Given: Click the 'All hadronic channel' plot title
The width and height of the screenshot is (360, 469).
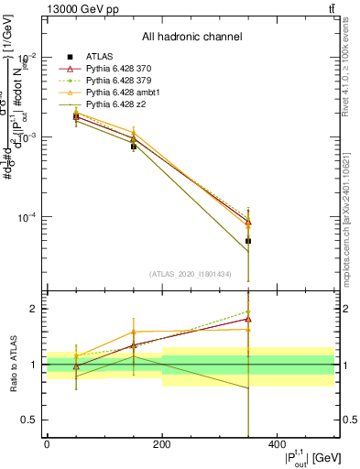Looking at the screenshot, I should point(191,38).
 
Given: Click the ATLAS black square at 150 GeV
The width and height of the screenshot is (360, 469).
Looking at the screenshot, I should point(134,146).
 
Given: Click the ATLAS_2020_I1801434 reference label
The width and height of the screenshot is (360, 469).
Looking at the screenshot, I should point(191,274).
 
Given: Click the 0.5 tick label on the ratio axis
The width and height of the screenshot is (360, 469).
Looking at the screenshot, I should point(30,420).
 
